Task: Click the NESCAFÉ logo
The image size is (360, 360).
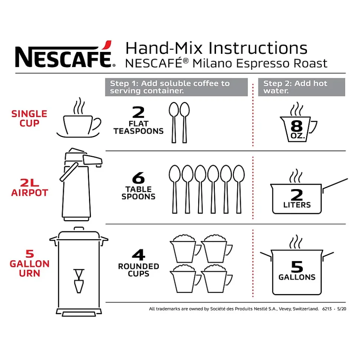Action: click(65, 55)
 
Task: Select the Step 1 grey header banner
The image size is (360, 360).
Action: click(176, 87)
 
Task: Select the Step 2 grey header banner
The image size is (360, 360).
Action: click(301, 87)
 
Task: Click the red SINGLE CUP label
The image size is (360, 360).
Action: click(29, 119)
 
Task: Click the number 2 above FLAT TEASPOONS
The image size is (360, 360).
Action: click(138, 112)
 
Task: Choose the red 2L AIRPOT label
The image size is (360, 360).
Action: click(30, 188)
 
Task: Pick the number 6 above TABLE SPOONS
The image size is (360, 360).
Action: click(138, 178)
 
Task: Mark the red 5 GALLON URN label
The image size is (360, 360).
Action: click(30, 264)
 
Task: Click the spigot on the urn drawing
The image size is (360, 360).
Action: click(79, 281)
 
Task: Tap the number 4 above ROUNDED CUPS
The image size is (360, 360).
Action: click(139, 255)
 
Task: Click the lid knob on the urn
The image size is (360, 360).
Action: click(79, 229)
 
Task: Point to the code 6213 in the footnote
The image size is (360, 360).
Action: click(327, 309)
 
